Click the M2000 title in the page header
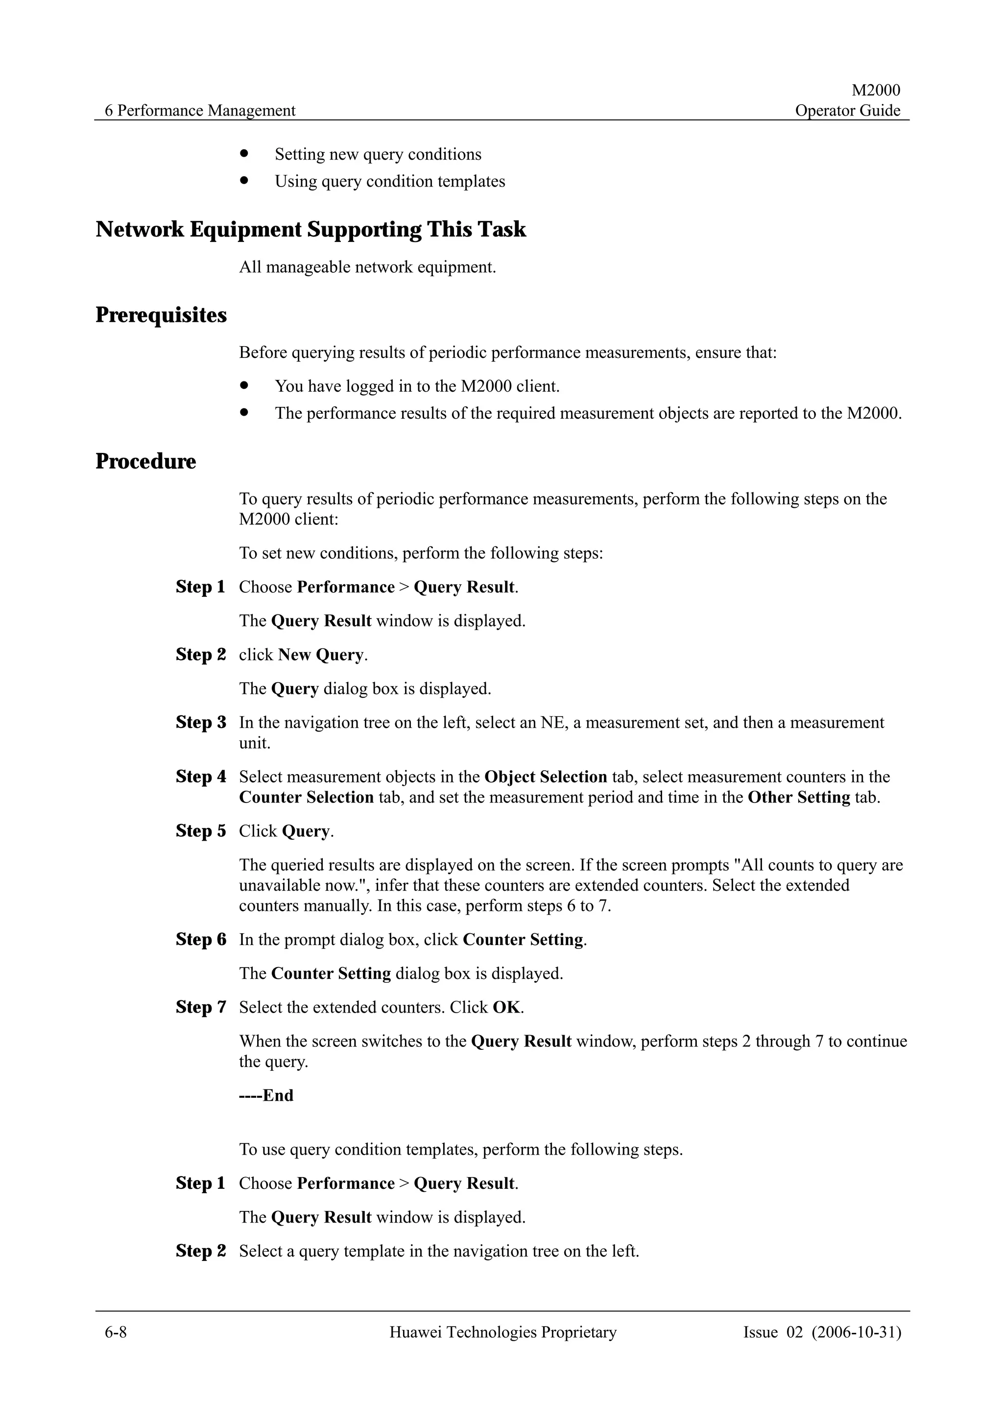(876, 90)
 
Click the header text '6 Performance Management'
(200, 111)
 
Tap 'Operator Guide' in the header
(847, 111)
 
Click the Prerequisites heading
(161, 315)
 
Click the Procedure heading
(146, 462)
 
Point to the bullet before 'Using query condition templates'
(245, 181)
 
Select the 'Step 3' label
(201, 723)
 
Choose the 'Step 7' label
(201, 1007)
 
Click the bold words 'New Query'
(321, 655)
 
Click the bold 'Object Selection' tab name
(546, 777)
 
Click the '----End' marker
(266, 1096)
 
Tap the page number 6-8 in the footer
(116, 1332)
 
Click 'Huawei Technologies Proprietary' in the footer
(502, 1332)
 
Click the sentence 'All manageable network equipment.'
(367, 268)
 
